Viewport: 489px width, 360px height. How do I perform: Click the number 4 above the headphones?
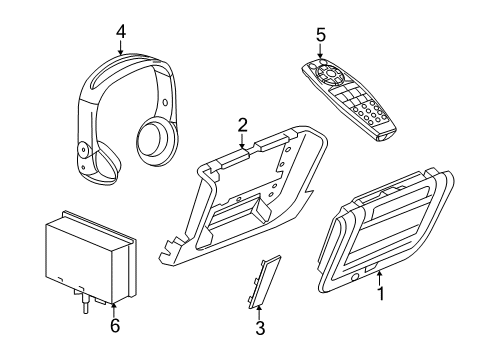pyautogui.click(x=120, y=31)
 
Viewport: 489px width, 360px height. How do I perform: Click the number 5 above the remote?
pyautogui.click(x=320, y=35)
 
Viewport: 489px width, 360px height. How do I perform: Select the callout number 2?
pyautogui.click(x=241, y=124)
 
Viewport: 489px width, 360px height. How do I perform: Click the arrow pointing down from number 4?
pyautogui.click(x=120, y=48)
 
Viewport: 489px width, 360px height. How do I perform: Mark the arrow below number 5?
pyautogui.click(x=320, y=52)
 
